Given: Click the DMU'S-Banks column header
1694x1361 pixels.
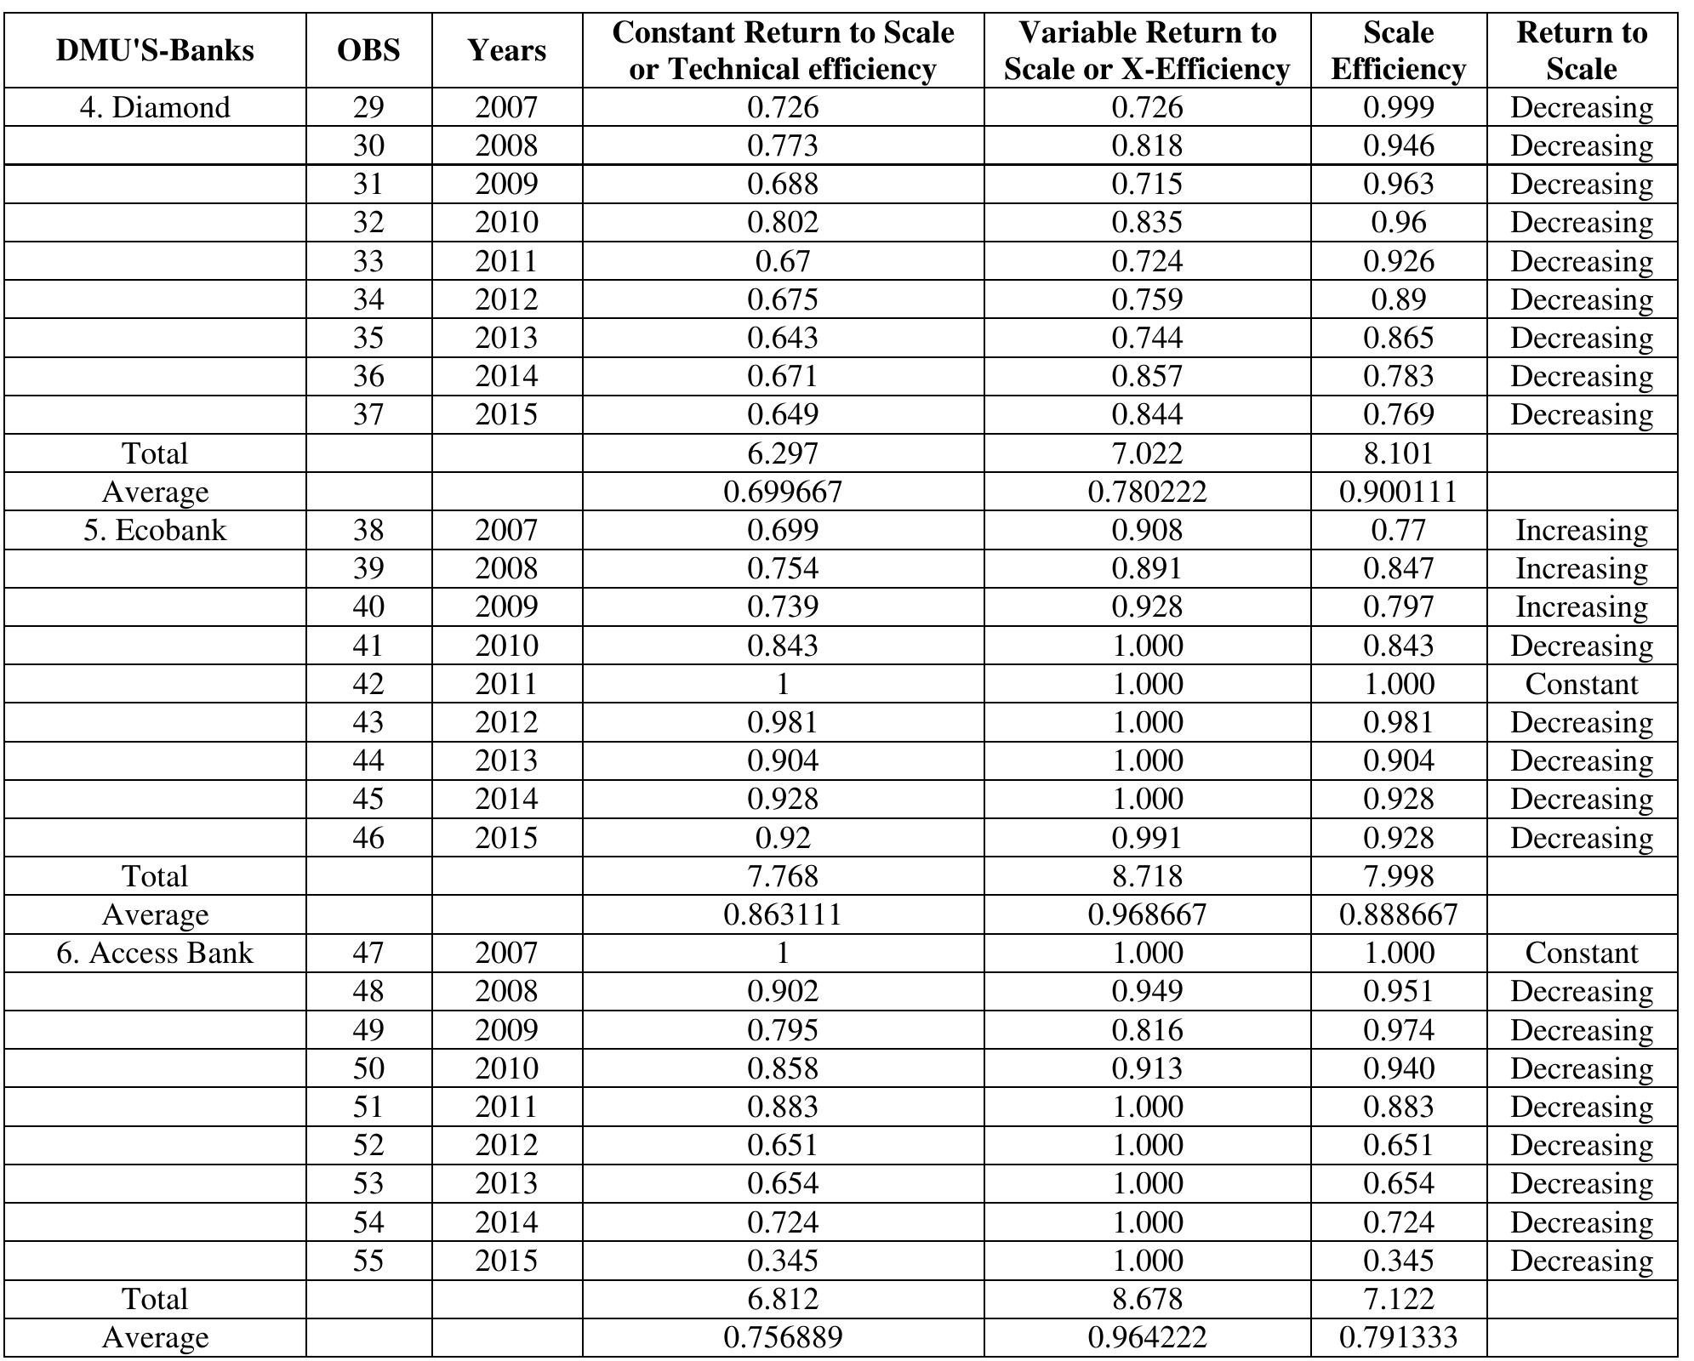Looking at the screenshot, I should [155, 50].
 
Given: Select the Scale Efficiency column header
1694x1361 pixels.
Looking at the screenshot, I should [1398, 50].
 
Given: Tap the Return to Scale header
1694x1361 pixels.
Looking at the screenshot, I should [1581, 50].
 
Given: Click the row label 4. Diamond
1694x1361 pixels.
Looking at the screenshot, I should [155, 107].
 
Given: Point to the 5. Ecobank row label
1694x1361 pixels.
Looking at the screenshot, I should [155, 530].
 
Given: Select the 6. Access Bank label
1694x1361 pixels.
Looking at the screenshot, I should [155, 953].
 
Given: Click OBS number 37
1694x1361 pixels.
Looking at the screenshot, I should [368, 414].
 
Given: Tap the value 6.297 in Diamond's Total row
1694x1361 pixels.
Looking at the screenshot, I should [783, 453].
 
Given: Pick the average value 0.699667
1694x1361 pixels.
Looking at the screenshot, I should [783, 492].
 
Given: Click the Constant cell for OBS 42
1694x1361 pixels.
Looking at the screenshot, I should [1581, 684].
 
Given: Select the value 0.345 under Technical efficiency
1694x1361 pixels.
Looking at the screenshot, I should [783, 1261].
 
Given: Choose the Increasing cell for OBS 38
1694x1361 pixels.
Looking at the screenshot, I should [1581, 530].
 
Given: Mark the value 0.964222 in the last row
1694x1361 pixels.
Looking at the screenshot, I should [1147, 1337].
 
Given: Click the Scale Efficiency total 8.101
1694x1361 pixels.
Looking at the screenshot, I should [1398, 453].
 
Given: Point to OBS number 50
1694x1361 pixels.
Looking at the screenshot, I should [368, 1068].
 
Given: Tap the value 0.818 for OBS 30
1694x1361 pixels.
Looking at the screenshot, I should [1147, 145].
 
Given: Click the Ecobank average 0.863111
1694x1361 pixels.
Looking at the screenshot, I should [783, 914].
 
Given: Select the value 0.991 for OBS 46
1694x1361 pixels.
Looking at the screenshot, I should [1147, 838].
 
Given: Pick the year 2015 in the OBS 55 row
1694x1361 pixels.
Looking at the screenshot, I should [506, 1261].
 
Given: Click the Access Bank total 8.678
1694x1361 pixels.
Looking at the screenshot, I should [1147, 1299].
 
